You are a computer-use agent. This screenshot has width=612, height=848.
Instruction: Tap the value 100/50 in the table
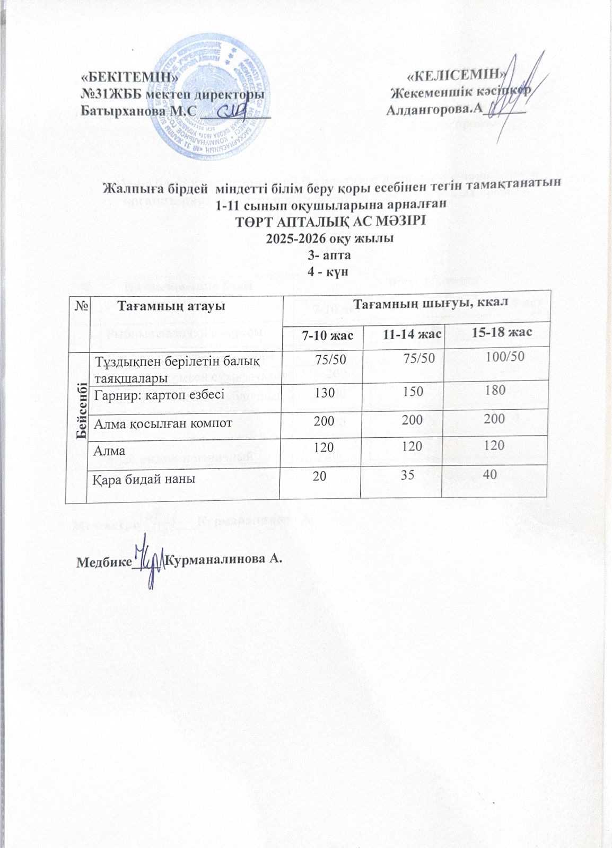(x=505, y=356)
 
